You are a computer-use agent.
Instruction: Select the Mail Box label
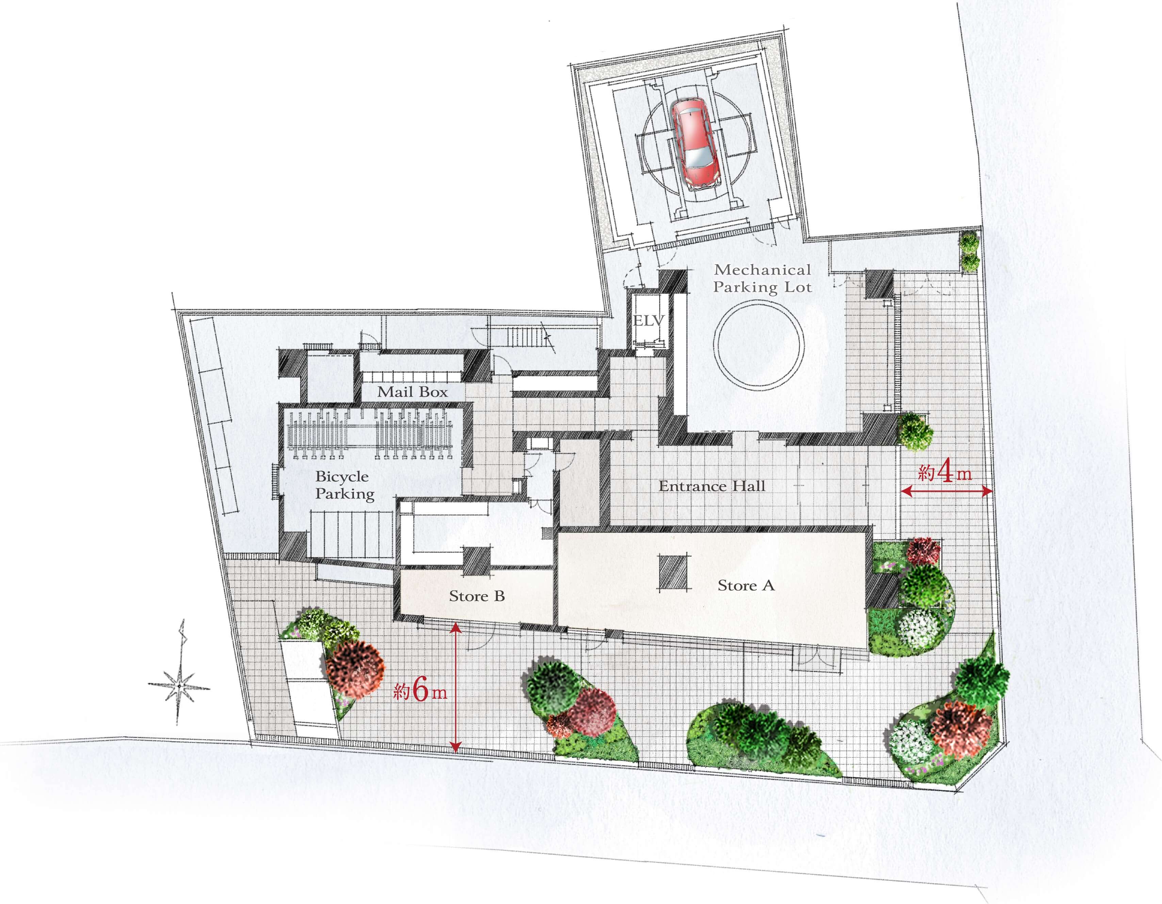412,392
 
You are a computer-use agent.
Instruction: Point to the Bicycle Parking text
345,485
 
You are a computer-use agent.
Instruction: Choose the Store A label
746,586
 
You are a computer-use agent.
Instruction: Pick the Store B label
477,596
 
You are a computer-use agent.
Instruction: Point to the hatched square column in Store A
674,572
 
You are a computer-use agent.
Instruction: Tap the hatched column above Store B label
476,561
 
